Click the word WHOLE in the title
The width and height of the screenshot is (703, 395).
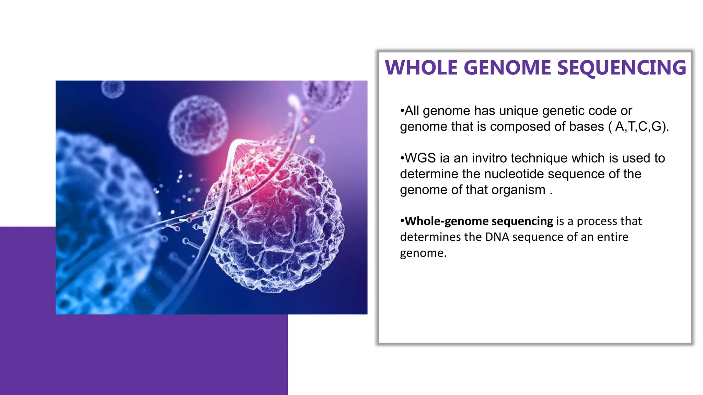pos(421,68)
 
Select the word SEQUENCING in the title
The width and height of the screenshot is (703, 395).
pos(621,68)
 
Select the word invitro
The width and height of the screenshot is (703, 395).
pos(489,158)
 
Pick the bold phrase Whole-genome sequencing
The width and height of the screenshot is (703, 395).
pos(479,221)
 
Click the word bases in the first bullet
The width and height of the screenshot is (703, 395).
pos(586,127)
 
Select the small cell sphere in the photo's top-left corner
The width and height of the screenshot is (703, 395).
pos(113,88)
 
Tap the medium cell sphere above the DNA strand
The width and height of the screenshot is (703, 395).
pos(198,124)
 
